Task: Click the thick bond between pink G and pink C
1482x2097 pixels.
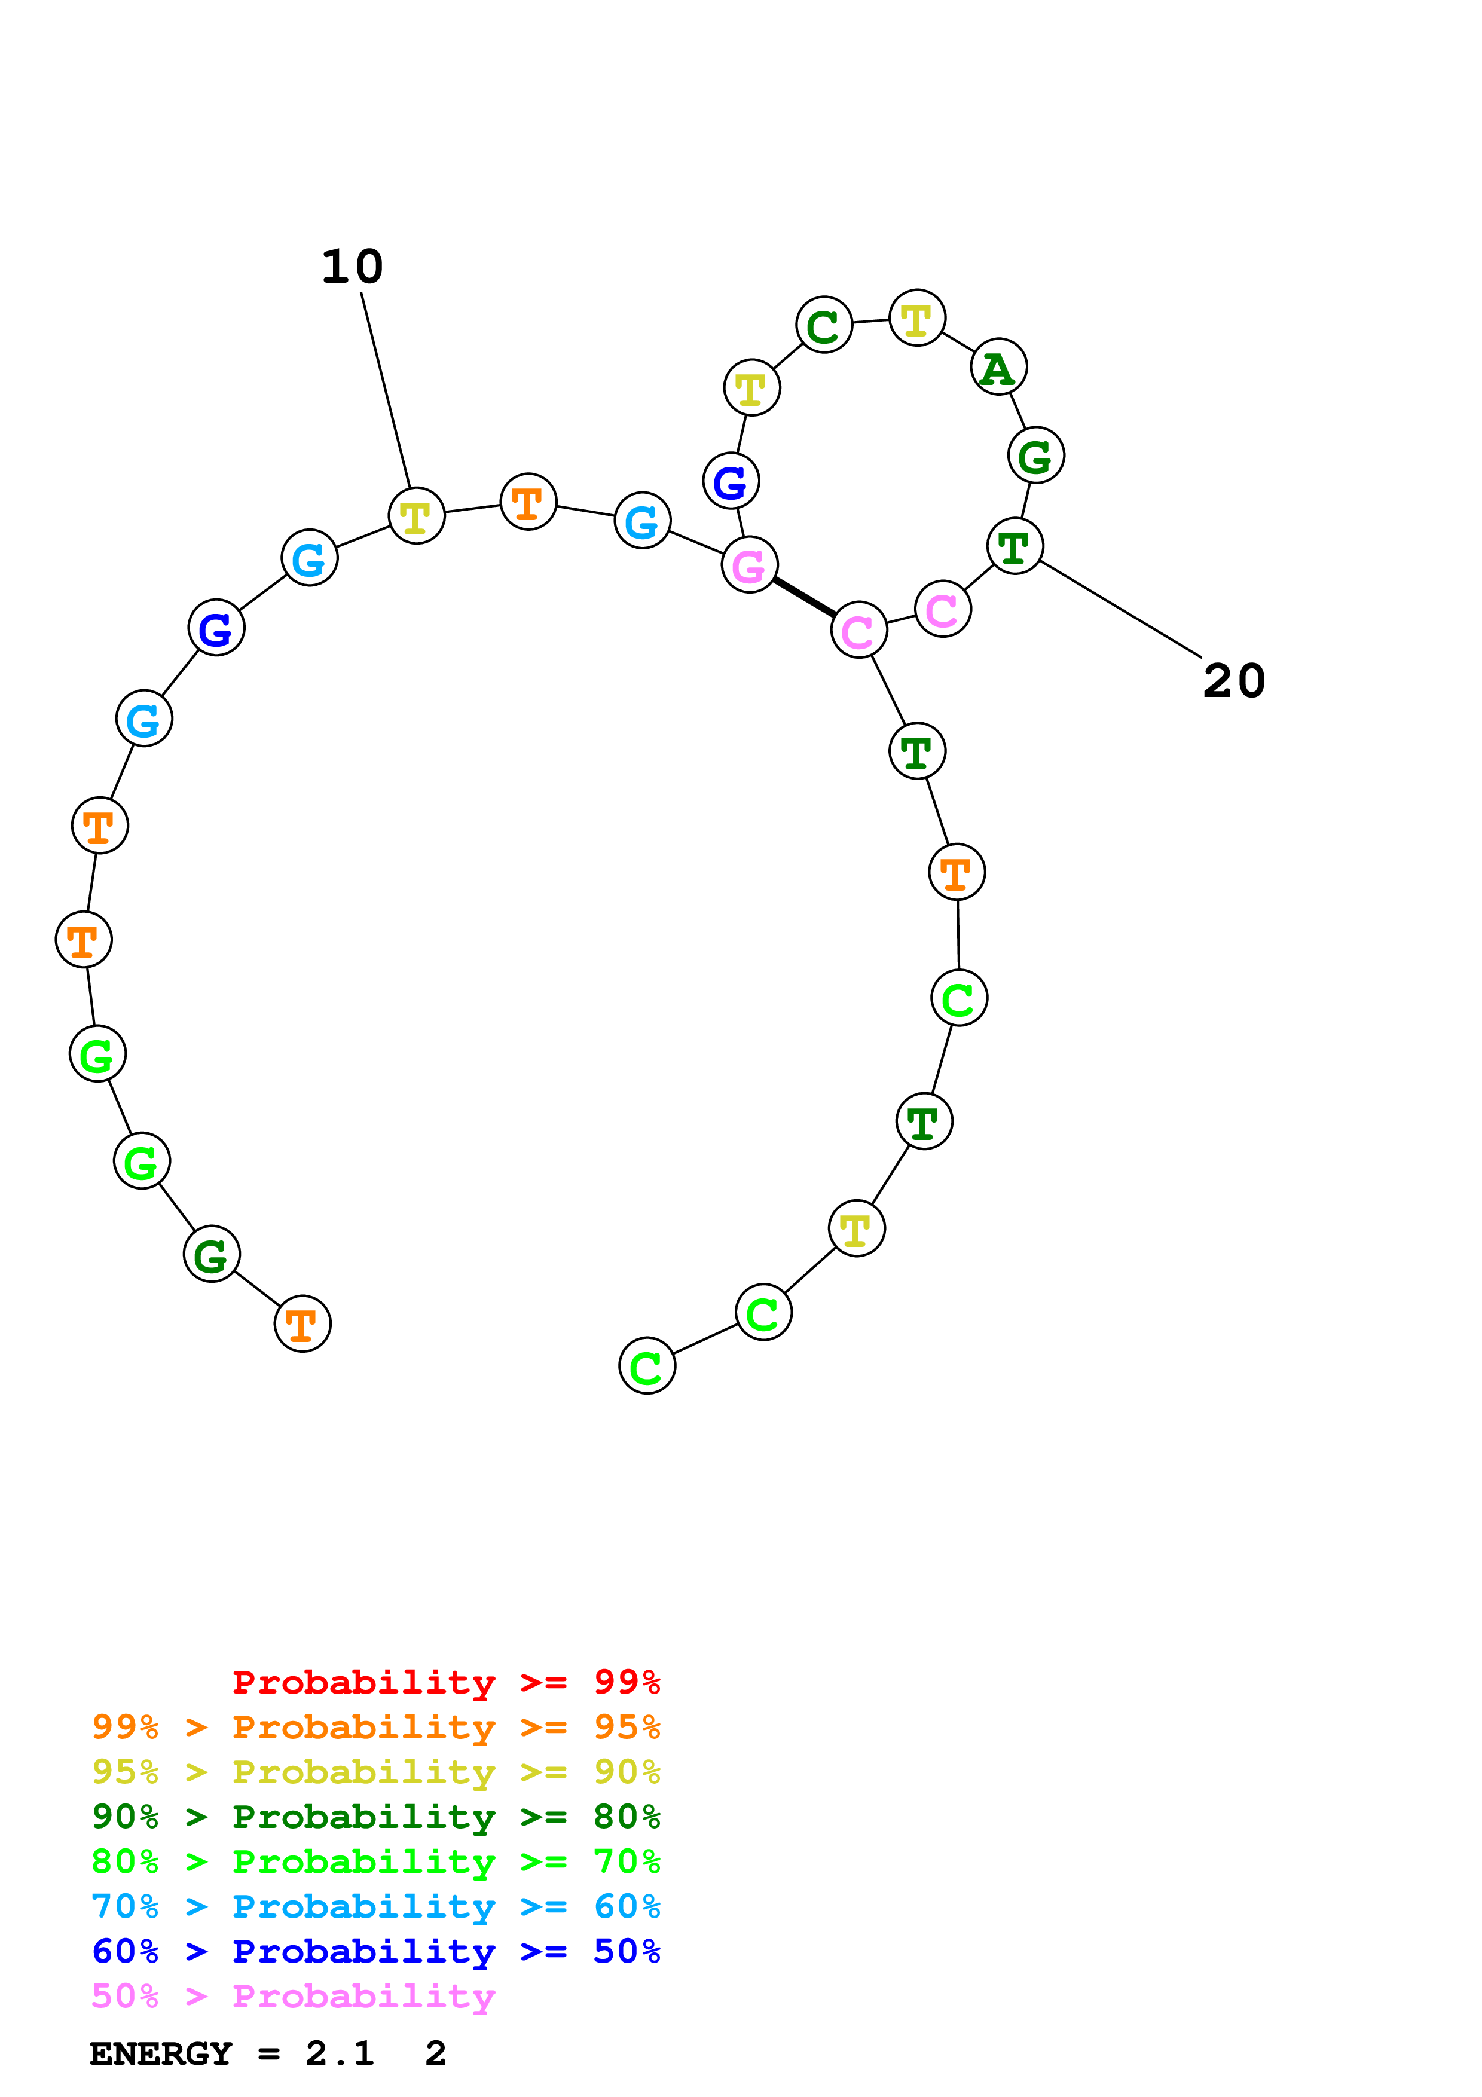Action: [803, 597]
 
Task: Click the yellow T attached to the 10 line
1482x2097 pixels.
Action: [417, 516]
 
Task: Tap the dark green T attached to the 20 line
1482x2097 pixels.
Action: [1015, 546]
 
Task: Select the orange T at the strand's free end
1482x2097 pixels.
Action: [302, 1323]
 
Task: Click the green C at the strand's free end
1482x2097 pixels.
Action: [646, 1367]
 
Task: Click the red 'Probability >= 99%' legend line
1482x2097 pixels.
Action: [445, 1682]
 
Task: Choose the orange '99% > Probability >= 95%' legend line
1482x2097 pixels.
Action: [375, 1726]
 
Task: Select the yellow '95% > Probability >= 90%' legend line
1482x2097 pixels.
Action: [375, 1771]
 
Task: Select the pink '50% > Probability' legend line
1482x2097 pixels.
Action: [293, 1995]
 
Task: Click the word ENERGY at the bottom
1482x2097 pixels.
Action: [161, 2053]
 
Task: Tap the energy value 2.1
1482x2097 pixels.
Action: [340, 2053]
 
